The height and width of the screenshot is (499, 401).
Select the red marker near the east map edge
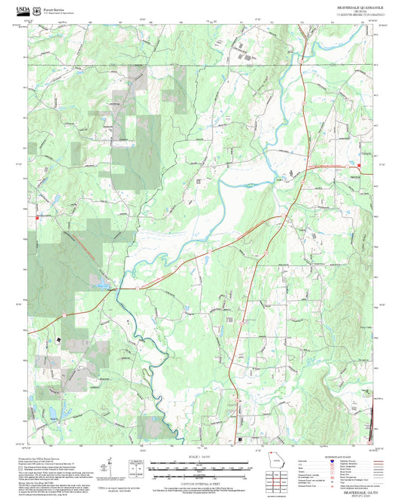point(359,166)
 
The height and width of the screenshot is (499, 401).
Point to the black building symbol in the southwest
point(58,339)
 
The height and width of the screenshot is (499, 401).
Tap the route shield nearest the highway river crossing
point(138,287)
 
